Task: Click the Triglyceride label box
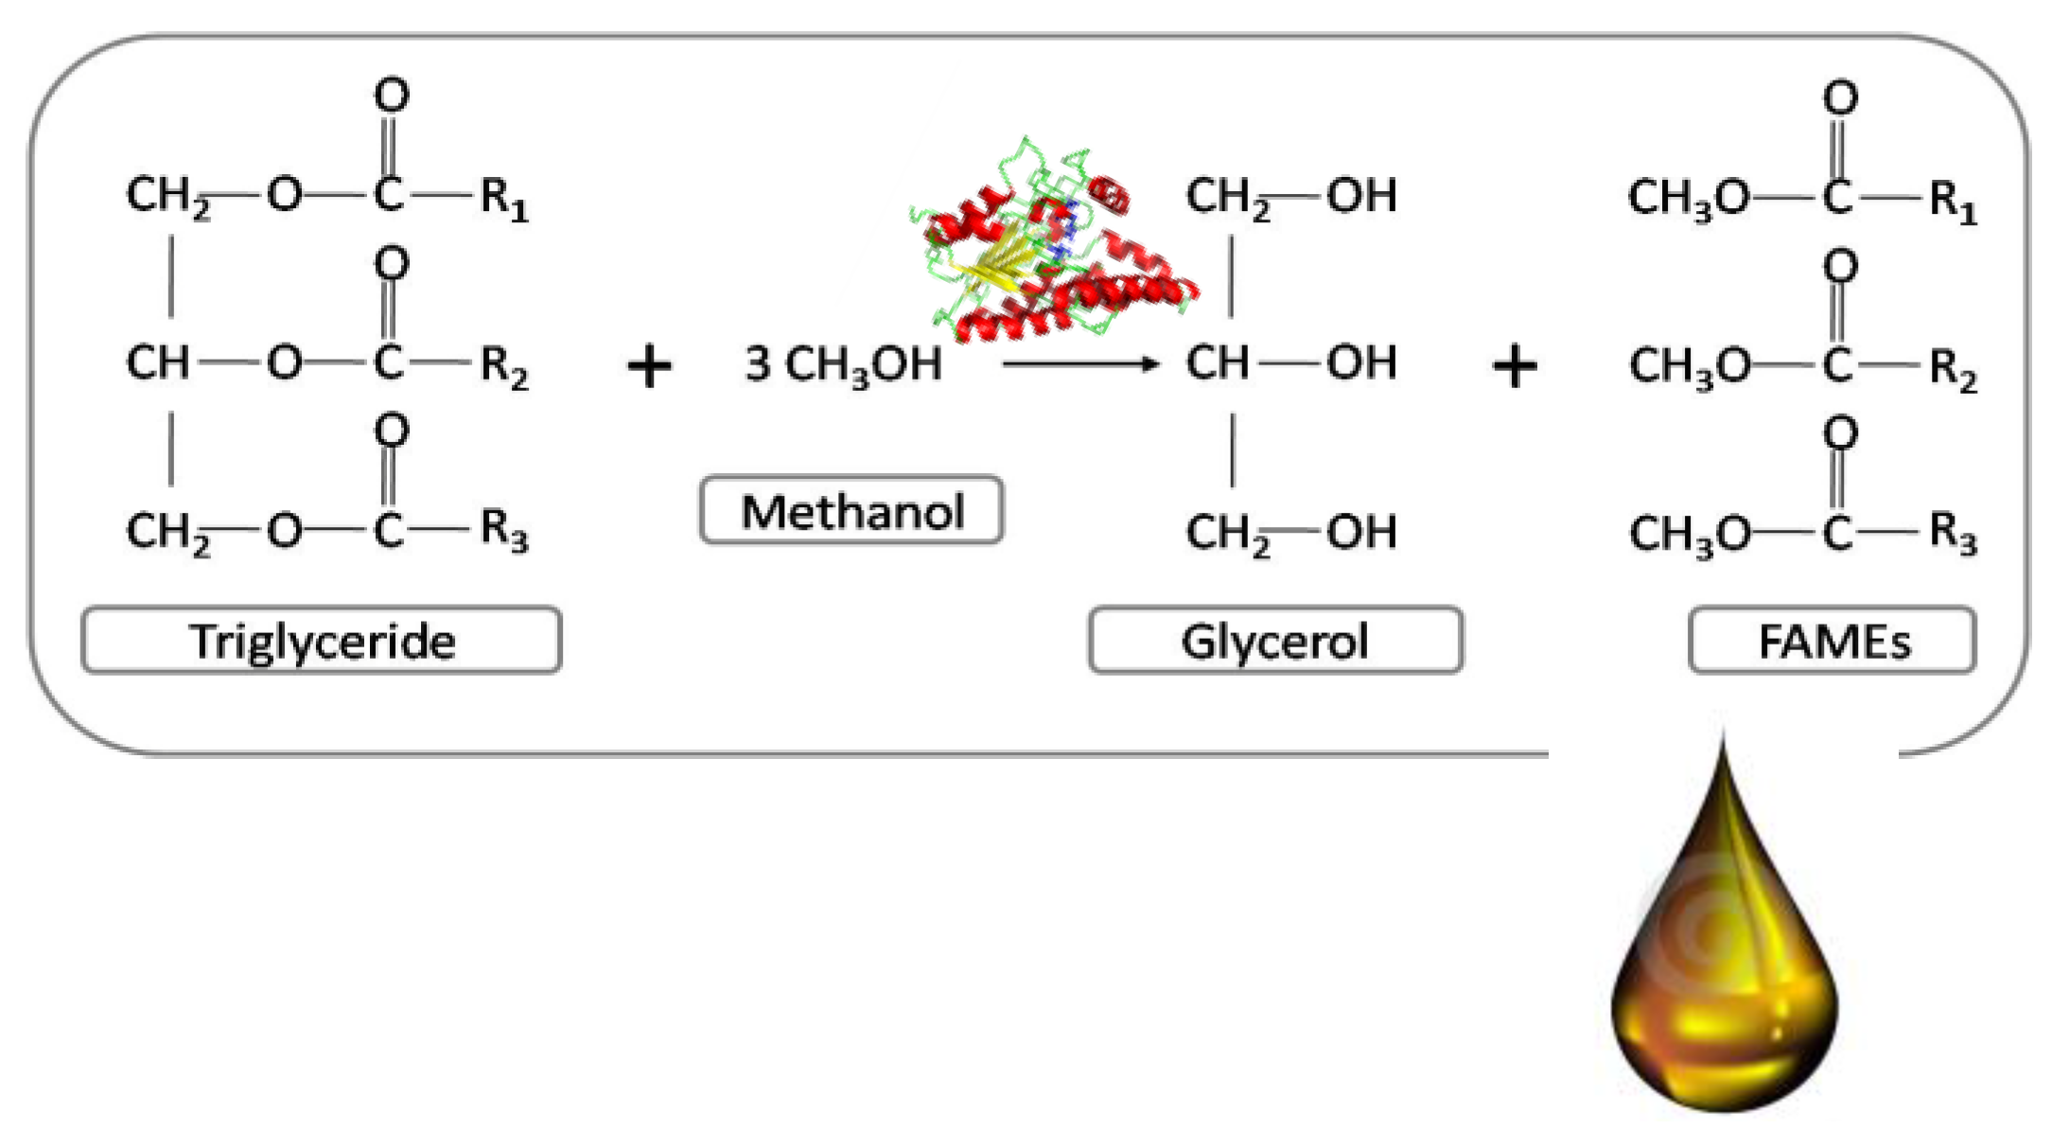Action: click(x=322, y=641)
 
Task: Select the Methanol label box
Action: click(x=851, y=511)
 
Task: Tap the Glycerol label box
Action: click(x=1275, y=641)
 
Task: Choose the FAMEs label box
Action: click(x=1833, y=641)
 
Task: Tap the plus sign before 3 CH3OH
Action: click(x=649, y=366)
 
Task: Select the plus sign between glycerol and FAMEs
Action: click(x=1515, y=366)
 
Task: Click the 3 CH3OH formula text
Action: click(x=843, y=364)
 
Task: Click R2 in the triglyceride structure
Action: click(x=503, y=366)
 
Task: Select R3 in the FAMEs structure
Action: click(x=1953, y=535)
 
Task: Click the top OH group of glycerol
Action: click(x=1361, y=196)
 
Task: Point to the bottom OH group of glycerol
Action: click(x=1361, y=532)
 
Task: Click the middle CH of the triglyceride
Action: click(x=157, y=362)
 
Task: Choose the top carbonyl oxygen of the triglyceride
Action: click(x=392, y=95)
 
